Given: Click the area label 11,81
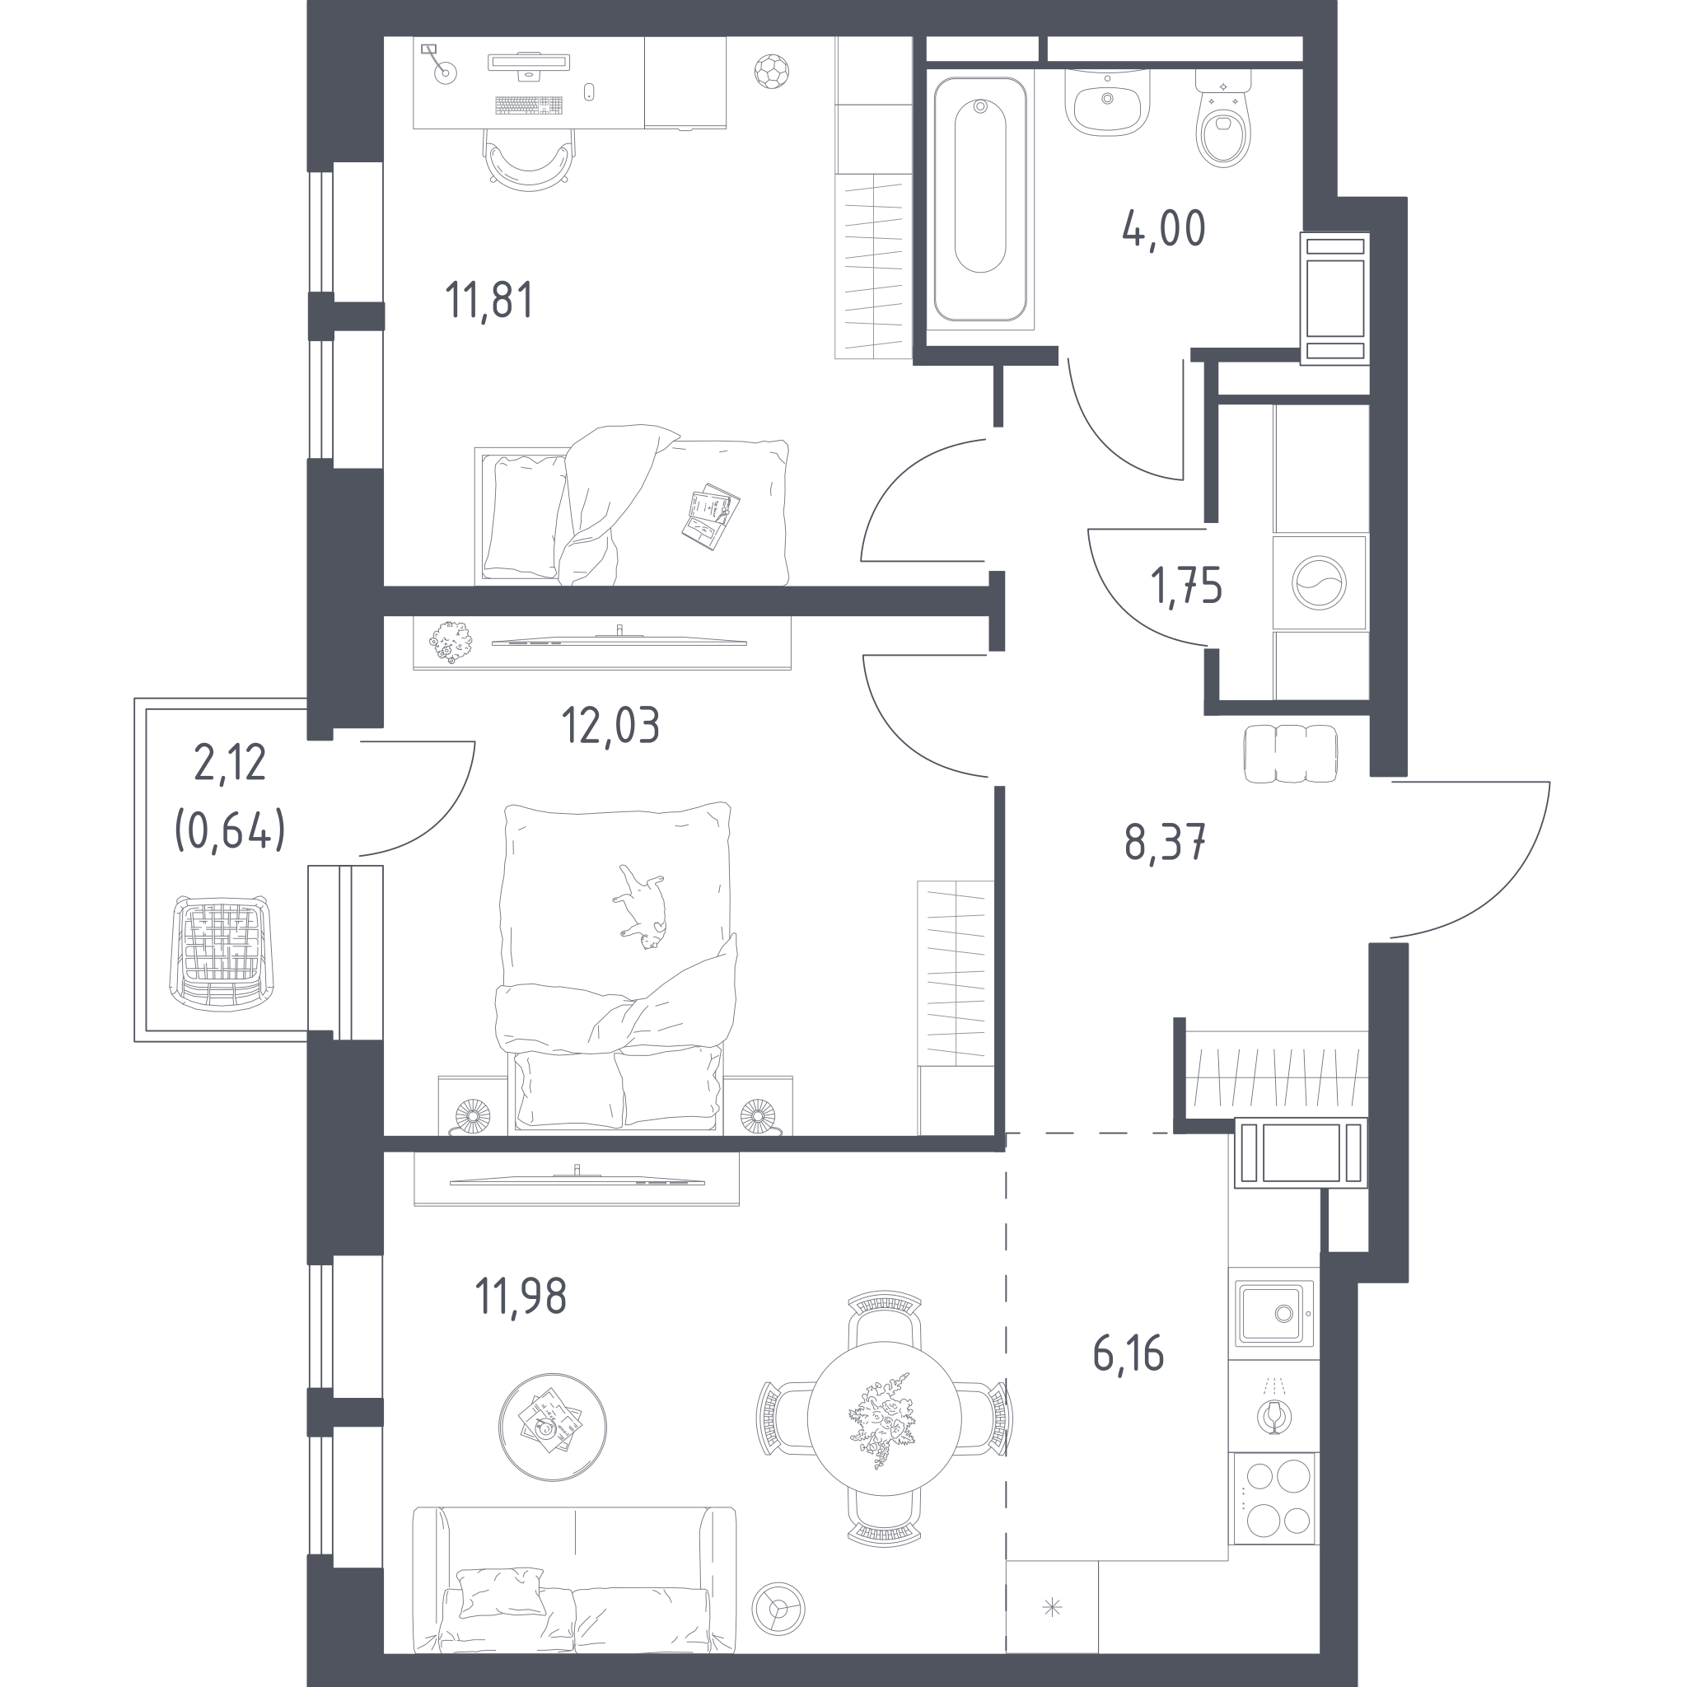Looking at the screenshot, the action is point(489,301).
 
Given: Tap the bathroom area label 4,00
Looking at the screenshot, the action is point(1164,228).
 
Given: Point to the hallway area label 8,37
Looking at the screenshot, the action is point(1165,843).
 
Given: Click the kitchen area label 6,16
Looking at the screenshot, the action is point(1129,1354).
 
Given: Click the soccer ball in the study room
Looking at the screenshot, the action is point(771,72).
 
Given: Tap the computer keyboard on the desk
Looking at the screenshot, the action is point(528,105).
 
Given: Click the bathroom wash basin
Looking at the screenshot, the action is point(1107,102).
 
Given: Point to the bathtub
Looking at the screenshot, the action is point(979,199).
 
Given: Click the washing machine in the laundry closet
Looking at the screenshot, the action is point(1320,582).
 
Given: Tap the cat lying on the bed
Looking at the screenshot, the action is point(642,907).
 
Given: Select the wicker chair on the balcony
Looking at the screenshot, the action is point(220,953).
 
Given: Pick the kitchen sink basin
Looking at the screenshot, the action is point(1275,1313).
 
